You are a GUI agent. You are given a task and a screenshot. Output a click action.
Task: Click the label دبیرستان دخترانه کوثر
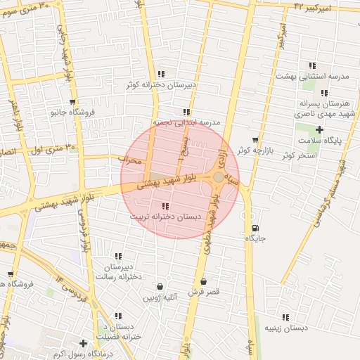(161, 84)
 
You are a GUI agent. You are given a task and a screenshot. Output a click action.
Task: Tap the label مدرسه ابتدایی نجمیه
(187, 122)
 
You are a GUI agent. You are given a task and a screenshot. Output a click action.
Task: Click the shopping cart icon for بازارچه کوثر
(255, 140)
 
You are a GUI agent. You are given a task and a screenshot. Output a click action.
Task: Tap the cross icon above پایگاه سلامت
(320, 129)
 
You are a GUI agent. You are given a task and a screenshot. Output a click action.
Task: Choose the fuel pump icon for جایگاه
(255, 228)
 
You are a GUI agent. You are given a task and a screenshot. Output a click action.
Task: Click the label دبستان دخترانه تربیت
(165, 217)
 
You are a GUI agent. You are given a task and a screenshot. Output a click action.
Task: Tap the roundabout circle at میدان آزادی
(219, 177)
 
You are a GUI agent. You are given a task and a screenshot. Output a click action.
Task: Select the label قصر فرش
(204, 291)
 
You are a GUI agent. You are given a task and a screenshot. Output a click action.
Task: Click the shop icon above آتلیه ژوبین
(161, 287)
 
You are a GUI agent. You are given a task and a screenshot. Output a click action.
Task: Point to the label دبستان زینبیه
(285, 328)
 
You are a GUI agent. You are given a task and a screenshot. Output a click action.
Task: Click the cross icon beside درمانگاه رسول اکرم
(84, 344)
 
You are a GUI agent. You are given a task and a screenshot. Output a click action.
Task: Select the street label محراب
(129, 161)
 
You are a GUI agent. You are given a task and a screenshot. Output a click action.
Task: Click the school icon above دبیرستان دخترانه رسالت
(118, 257)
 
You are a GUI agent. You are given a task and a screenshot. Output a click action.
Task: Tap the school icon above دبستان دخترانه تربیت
(165, 206)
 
